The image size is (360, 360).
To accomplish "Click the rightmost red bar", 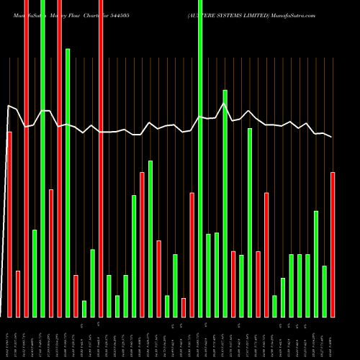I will tap(333, 245).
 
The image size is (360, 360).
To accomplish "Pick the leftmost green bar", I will tap(35, 274).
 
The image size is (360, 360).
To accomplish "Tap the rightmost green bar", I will tap(325, 292).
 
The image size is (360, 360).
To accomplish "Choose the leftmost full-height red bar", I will tap(26, 158).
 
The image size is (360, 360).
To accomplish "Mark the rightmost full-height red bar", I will tap(101, 158).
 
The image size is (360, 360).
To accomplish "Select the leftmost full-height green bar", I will tap(42, 158).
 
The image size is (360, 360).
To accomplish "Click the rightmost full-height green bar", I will tap(200, 158).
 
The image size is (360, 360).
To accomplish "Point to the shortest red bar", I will tap(184, 307).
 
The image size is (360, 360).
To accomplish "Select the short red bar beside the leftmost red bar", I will tap(18, 294).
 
